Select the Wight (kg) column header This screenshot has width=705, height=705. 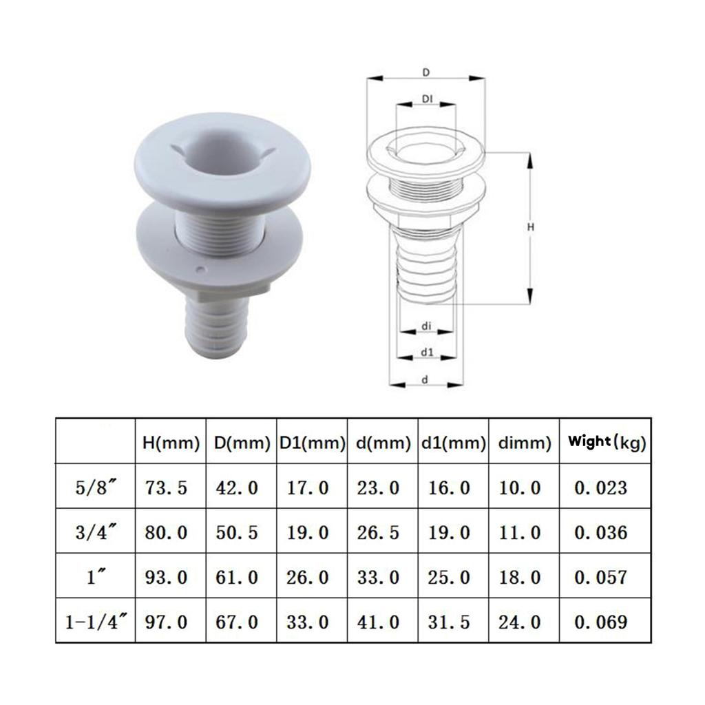coord(606,442)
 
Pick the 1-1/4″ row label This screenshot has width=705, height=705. coord(95,622)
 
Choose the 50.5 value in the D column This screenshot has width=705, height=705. coord(238,532)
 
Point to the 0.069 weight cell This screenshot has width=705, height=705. coord(602,622)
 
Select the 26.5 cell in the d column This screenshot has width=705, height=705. coord(378,532)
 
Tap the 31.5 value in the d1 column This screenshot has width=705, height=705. coord(450,622)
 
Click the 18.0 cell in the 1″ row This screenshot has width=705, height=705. coord(520,577)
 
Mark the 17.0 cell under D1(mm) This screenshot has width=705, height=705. coord(308,488)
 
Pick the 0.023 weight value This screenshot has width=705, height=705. coord(602,488)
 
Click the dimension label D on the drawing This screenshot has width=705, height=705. coord(426,72)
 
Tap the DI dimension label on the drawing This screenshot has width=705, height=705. coord(427,100)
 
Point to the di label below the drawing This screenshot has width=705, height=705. coord(426,327)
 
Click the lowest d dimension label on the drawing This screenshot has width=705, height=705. coord(426,379)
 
